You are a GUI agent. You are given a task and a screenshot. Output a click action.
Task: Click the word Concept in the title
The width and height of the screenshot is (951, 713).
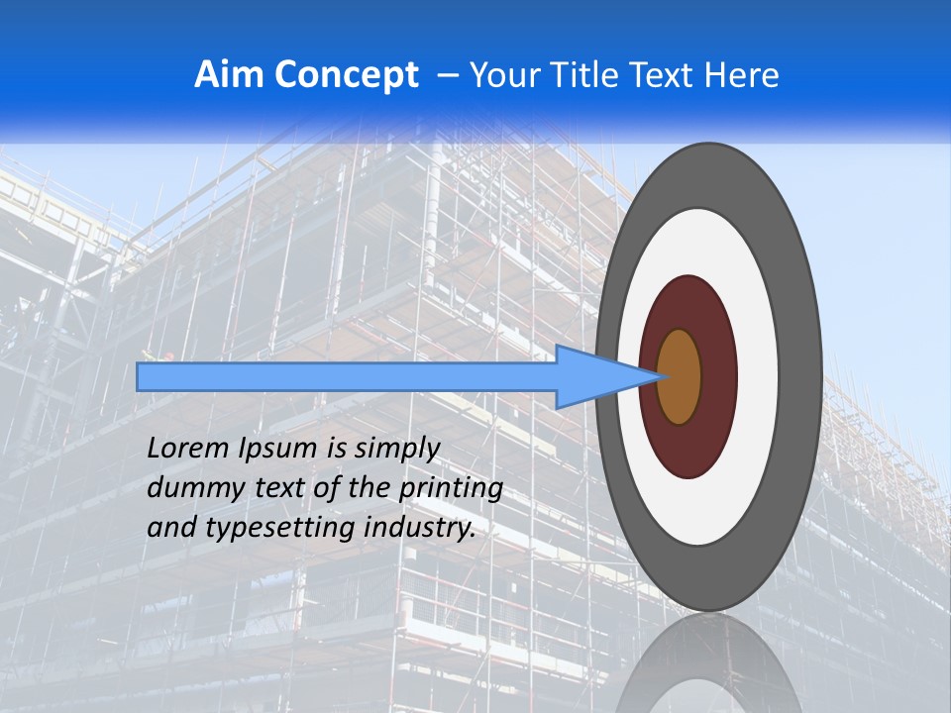click(347, 75)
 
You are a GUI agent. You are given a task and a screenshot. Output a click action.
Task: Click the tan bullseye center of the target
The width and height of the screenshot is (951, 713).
click(679, 376)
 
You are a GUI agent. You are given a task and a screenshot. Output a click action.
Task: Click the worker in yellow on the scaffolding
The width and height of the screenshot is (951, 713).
click(150, 355)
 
